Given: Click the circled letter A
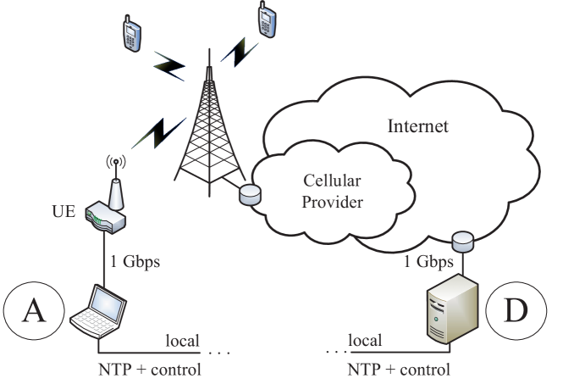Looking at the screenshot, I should click(x=34, y=312).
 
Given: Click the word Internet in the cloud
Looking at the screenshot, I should click(x=417, y=127).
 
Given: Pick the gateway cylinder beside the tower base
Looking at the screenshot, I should click(x=250, y=196).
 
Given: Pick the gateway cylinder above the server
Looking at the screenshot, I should click(x=462, y=243).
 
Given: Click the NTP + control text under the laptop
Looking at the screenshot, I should click(x=150, y=370).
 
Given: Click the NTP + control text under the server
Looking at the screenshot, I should click(x=398, y=370).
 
